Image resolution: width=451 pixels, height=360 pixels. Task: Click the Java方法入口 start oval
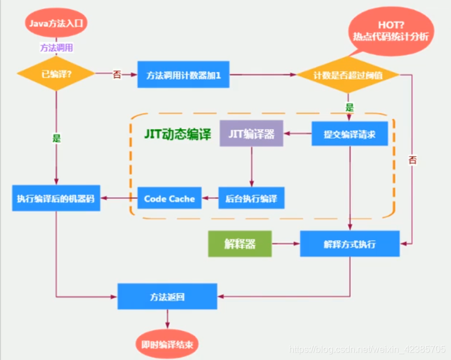(x=56, y=23)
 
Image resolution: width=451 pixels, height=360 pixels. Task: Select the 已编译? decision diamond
(x=56, y=74)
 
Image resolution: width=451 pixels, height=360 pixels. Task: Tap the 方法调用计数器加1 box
(x=183, y=74)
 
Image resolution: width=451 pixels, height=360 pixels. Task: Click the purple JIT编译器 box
(x=251, y=134)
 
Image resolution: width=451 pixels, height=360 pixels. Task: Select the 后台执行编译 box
(x=251, y=199)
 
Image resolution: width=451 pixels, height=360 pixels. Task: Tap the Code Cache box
(x=169, y=199)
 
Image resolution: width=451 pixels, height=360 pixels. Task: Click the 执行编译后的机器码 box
(x=56, y=199)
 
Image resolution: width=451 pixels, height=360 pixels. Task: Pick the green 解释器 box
(x=240, y=244)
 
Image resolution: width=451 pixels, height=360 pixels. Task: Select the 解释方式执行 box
(x=350, y=244)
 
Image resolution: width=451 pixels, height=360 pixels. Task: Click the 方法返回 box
(x=168, y=297)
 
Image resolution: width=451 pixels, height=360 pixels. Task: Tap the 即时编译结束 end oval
(x=168, y=344)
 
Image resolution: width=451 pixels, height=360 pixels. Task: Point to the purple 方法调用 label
(x=56, y=48)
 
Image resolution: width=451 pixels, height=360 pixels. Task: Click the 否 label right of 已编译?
(x=117, y=74)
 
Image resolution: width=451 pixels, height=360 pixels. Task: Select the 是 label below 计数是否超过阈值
(x=349, y=107)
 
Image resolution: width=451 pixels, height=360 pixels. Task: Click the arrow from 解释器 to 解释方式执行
(x=286, y=244)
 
